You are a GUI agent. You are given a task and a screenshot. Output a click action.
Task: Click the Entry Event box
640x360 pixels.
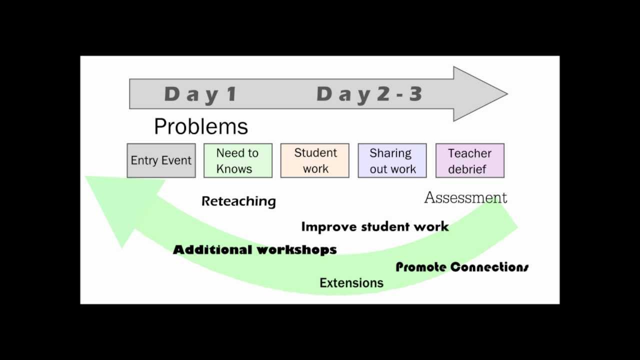pos(161,160)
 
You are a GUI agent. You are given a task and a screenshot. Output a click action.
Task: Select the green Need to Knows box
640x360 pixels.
pos(237,160)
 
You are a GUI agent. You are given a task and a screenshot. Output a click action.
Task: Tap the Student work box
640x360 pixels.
pos(315,160)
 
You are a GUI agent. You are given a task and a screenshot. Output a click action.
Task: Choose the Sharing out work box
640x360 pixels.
pos(392,160)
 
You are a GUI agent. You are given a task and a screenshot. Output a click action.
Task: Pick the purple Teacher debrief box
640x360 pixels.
pos(469,160)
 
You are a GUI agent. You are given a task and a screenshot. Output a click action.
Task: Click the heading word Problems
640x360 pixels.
pos(201,127)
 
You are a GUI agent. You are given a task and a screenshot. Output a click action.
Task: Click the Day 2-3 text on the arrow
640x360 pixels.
pos(369,94)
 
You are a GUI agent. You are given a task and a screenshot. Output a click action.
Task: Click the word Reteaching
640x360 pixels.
pos(238,201)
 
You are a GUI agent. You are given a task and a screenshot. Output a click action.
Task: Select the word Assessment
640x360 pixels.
pos(465,198)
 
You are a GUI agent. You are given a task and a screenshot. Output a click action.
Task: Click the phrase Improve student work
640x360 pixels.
pos(375,227)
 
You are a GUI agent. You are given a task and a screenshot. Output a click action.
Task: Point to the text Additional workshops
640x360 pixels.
pos(254,249)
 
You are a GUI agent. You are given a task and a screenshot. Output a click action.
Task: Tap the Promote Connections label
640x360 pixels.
pos(462,267)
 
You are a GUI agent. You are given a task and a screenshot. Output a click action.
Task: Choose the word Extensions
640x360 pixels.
pos(351,283)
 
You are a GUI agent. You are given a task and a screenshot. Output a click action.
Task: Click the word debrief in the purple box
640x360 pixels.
pos(467,169)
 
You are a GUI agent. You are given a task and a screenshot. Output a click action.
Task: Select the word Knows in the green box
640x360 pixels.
pos(234,169)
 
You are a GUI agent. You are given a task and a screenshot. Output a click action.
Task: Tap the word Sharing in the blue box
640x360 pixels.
pos(390,153)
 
